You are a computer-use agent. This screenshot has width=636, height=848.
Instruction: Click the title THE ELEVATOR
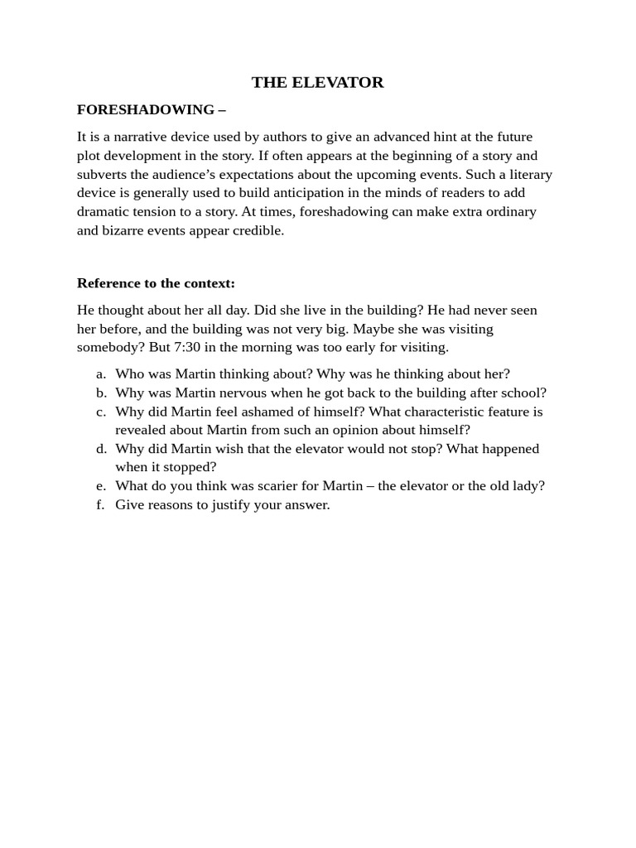(x=317, y=82)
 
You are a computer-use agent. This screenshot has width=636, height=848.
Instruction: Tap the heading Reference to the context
(x=156, y=283)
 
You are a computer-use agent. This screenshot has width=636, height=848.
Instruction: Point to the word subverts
(x=105, y=174)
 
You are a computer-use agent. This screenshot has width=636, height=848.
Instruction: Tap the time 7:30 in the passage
(x=188, y=347)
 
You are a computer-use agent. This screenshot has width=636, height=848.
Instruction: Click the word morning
(x=262, y=347)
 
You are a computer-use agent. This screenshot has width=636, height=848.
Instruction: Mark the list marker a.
(x=101, y=373)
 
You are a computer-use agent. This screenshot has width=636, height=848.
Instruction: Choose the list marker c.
(x=101, y=412)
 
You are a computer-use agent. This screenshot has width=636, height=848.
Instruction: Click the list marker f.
(x=101, y=504)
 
